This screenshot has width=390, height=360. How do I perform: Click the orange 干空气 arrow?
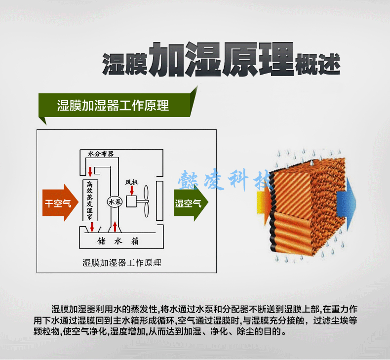tap(60, 203)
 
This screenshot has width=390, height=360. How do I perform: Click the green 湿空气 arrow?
tap(191, 203)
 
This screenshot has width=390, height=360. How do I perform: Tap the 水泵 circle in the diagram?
tap(115, 202)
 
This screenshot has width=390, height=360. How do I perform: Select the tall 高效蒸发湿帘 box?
tap(90, 200)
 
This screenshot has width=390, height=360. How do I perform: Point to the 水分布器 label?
tap(101, 154)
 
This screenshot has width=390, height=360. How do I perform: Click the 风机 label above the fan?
tap(132, 182)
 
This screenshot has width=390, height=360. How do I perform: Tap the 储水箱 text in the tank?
tap(118, 241)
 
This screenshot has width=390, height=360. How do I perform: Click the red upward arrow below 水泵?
tap(115, 226)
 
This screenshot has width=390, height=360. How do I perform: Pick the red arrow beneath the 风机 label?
tap(132, 190)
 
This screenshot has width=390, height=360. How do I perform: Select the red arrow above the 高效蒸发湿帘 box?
tap(90, 172)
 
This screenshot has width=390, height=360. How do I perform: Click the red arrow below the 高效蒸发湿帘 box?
tap(92, 227)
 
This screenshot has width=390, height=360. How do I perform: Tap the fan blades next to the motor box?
tap(146, 201)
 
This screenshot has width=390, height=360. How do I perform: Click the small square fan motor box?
tap(131, 201)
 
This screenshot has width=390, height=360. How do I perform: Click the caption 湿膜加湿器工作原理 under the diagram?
tap(122, 263)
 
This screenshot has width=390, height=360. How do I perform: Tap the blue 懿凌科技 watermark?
tap(224, 179)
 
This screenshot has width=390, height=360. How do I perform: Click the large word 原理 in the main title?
tap(258, 59)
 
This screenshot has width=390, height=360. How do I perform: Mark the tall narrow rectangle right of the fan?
tap(159, 201)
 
